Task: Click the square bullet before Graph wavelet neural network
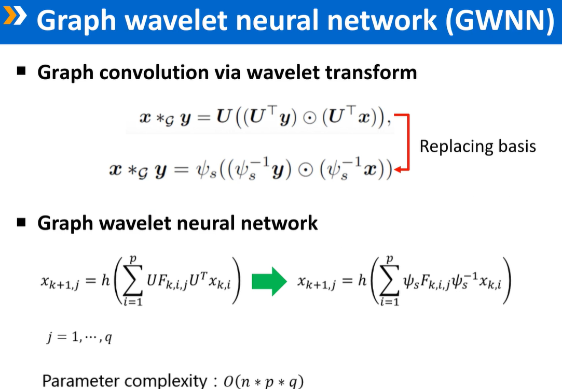(22, 223)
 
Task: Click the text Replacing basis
(477, 146)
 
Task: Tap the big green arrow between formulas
(268, 282)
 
